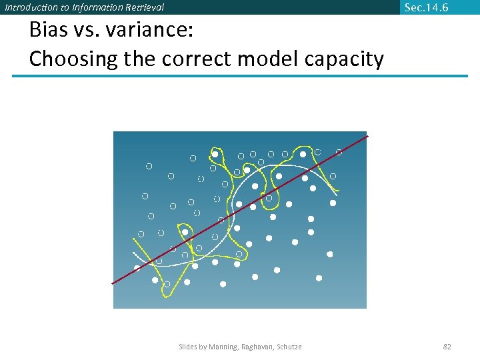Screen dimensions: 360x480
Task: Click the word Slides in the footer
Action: click(x=189, y=347)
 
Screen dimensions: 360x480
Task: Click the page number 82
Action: click(x=447, y=347)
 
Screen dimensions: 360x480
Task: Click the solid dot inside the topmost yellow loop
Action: click(x=215, y=154)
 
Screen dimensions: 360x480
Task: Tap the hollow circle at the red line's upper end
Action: click(x=339, y=152)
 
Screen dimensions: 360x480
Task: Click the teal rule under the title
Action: click(x=240, y=76)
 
